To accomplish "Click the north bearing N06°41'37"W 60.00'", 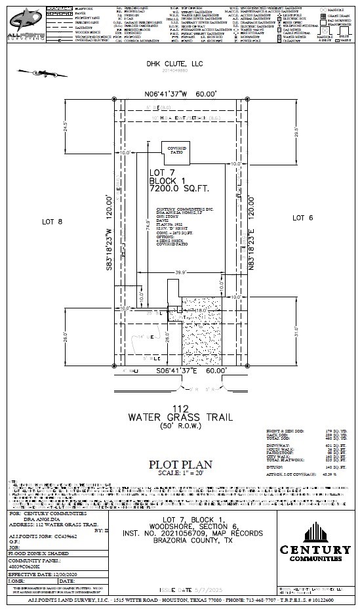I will click(180, 94).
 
